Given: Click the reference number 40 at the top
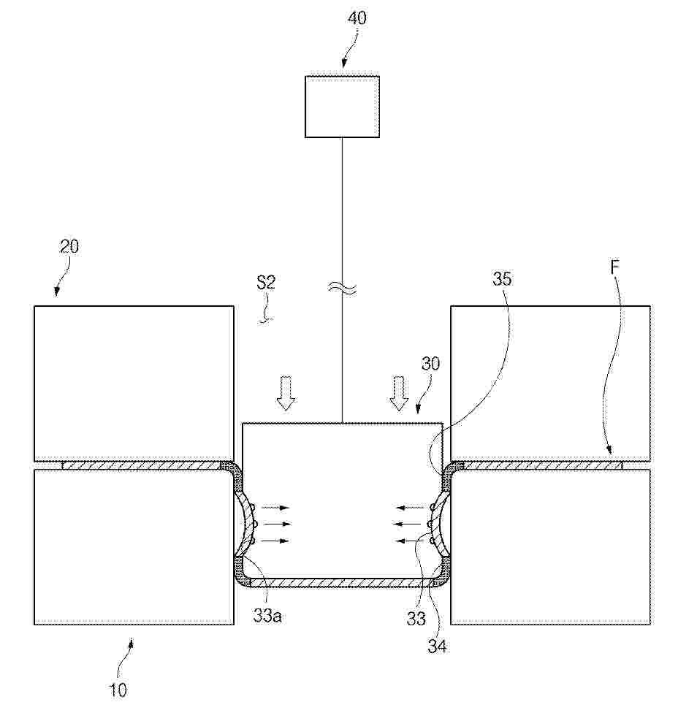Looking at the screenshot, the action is coord(357,19).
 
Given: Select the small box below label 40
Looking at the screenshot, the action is coord(342,107).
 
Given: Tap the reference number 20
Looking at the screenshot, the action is coord(69,246).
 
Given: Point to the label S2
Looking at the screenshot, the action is coord(266,282).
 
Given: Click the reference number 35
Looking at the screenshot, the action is coord(502,278).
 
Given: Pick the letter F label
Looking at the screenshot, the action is coord(615,267).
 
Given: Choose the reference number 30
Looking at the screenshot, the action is coord(430,364).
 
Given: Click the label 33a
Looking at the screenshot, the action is coord(267,615).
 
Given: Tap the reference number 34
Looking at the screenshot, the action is coord(437,646).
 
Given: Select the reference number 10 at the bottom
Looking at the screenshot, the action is coord(118,690).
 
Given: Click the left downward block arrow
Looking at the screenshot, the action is coord(286,393).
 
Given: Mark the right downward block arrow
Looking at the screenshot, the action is coord(399,393).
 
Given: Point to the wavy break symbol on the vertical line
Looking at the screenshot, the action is coord(342,289).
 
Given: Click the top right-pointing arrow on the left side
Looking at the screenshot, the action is coord(275,508).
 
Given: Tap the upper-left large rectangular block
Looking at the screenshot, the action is coord(134,384).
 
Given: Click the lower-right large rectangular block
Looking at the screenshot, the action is coord(551,546).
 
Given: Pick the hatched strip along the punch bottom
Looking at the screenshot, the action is coord(342,584).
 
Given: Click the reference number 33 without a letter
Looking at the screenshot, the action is coord(416,619).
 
